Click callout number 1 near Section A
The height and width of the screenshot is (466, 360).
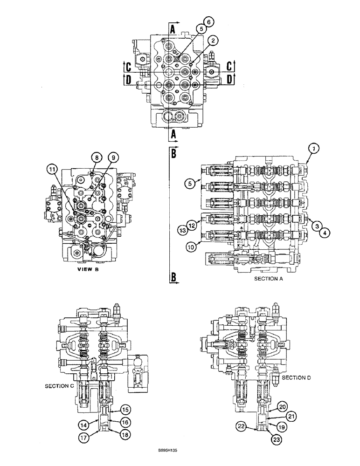pos(314,149)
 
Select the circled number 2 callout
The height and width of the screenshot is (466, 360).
pos(213,41)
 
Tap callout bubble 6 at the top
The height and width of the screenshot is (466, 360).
pos(208,22)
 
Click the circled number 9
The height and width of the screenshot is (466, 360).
pos(112,158)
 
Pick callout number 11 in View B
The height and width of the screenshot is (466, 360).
pos(52,167)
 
